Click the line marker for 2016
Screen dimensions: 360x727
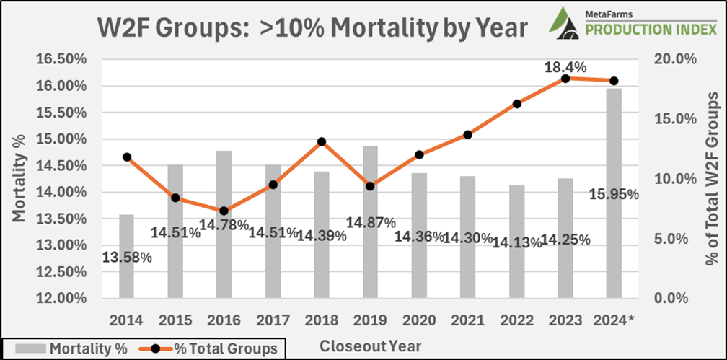point(224,211)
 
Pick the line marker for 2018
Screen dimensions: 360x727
point(322,141)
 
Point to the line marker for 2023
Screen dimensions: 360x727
point(565,78)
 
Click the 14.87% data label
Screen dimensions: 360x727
point(370,221)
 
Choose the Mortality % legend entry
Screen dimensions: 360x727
point(70,348)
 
